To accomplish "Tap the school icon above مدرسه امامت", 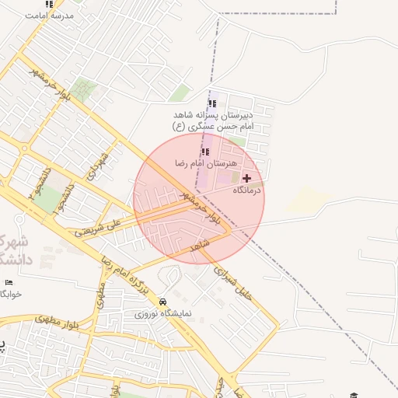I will pos(50,4).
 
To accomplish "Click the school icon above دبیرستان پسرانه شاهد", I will pos(212,103).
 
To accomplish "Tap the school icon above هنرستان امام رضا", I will pos(206,152).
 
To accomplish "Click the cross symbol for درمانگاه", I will pos(247,178).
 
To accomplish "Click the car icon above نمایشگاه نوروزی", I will pos(162,302).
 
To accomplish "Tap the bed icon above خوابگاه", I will pos(9,281).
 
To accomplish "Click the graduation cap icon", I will pos(354,395).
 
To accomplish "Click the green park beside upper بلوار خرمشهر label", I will pos(83,91).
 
